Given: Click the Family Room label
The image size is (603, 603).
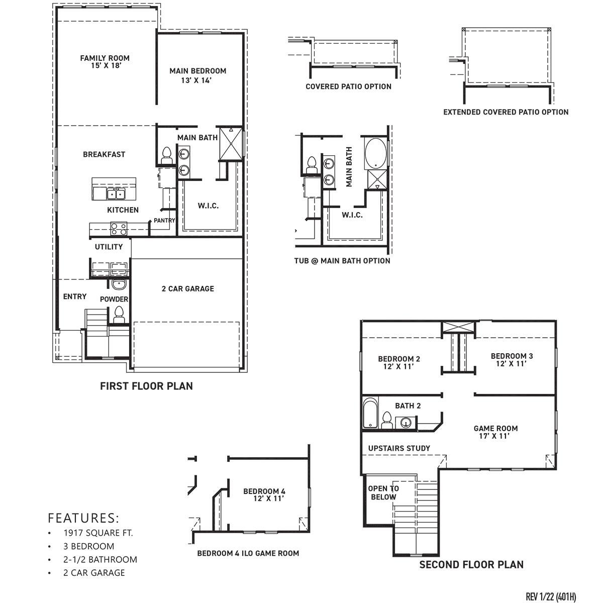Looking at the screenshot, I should point(105,62).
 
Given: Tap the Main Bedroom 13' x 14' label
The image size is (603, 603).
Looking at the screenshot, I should point(197,75).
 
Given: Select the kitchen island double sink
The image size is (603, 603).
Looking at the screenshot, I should point(115,193).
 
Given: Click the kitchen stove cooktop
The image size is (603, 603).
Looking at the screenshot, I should point(119,229).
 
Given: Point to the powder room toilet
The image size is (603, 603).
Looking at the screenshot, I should point(119,315).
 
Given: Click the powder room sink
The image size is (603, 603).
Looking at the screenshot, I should point(119,285).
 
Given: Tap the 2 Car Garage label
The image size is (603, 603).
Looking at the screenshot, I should point(187,289).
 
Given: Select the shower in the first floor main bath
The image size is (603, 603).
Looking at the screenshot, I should point(231,143).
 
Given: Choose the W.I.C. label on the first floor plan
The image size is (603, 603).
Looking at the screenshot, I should point(208,206).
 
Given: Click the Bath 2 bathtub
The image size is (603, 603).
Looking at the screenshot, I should point(370,414).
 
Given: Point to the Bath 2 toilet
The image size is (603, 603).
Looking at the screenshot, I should point(387,420).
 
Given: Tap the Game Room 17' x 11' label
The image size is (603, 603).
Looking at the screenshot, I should point(495,432).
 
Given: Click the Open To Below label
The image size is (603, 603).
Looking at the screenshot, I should point(383,492).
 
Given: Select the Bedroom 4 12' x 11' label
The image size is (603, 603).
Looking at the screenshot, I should point(264,495).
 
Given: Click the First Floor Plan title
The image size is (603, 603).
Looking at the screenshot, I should point(146,386).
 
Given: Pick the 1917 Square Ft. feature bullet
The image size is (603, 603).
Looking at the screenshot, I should point(98,533).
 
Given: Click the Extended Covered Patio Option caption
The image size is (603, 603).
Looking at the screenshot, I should point(506,112).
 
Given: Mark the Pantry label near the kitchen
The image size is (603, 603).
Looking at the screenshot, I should point(164,221).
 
